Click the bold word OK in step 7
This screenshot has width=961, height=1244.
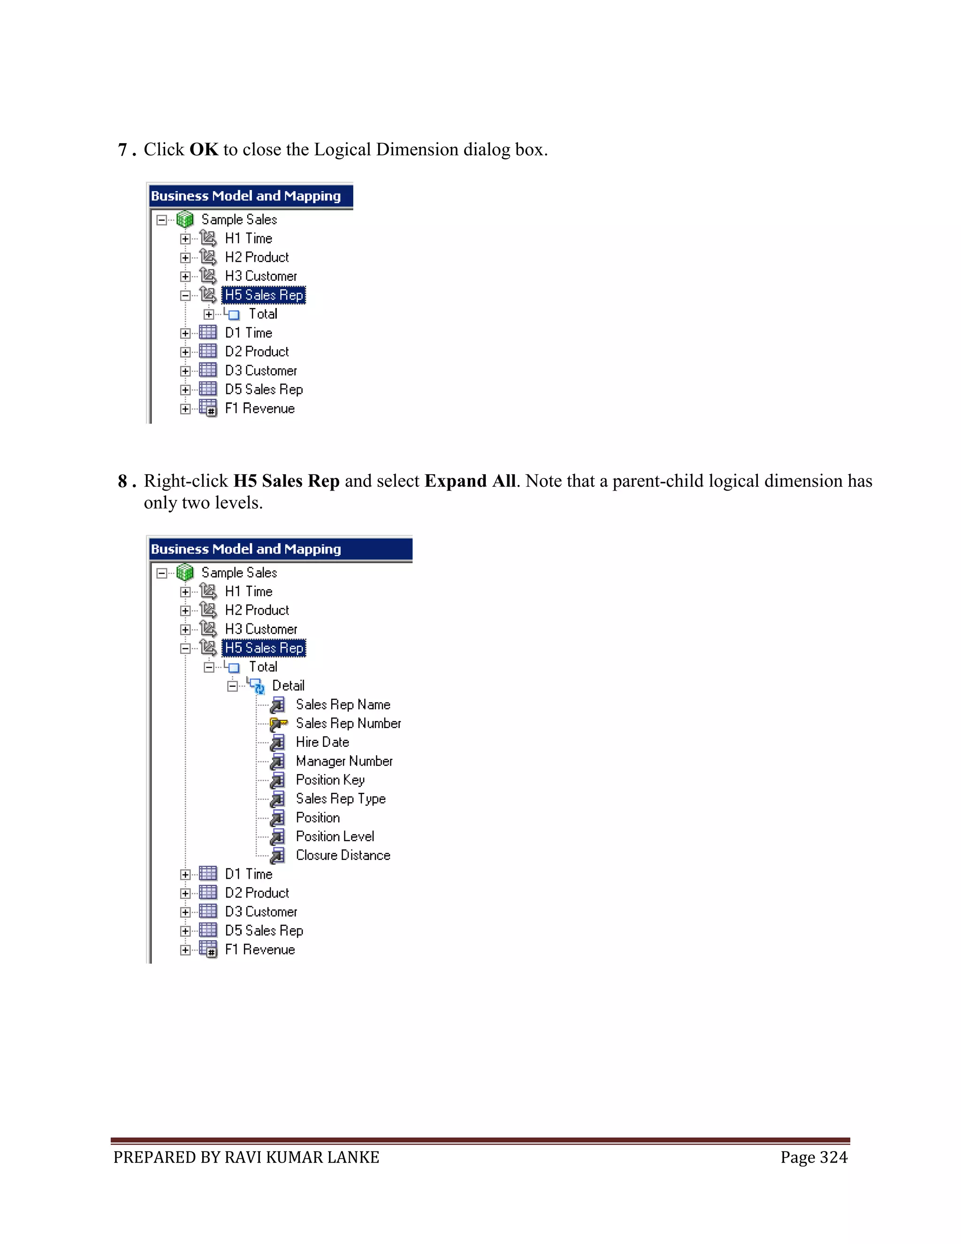(203, 150)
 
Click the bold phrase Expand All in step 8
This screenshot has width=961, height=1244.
(470, 481)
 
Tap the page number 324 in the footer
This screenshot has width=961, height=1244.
(833, 1158)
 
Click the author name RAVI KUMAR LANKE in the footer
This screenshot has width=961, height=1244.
(302, 1158)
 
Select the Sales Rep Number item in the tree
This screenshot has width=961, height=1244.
(348, 723)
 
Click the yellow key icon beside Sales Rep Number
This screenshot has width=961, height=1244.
(278, 724)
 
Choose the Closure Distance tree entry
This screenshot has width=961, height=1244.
(343, 855)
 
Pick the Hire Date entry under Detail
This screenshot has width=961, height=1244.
(322, 742)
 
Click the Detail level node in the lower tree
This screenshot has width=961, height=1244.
(288, 686)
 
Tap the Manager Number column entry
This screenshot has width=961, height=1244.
(344, 761)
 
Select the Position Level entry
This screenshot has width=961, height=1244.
(335, 837)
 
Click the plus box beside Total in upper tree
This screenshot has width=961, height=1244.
(209, 315)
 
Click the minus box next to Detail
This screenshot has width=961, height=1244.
(232, 686)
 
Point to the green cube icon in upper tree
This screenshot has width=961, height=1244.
(185, 219)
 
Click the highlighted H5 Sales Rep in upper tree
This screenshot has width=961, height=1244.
(264, 295)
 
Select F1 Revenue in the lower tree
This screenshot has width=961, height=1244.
(259, 950)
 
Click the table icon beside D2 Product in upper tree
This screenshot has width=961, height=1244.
(208, 352)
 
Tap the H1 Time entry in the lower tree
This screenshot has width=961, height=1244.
(248, 592)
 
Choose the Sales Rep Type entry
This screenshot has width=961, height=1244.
(341, 799)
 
